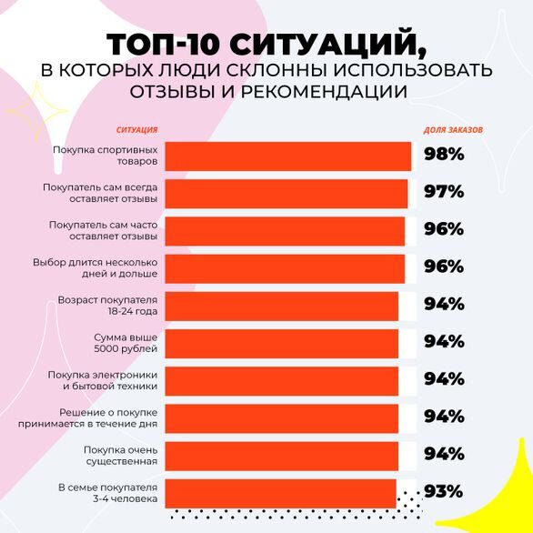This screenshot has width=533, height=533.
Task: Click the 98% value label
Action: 444,155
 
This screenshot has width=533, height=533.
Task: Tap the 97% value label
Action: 444,192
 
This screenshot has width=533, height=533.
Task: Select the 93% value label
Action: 444,492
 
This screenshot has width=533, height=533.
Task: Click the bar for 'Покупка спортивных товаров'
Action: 288,156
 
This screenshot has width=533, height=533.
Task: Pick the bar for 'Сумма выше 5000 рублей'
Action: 282,343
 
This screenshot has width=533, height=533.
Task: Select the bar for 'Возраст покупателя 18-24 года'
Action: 282,306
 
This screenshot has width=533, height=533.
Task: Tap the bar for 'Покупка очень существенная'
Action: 282,456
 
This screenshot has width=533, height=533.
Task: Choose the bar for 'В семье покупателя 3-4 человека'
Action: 281,493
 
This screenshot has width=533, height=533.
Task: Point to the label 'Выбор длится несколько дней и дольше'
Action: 96,267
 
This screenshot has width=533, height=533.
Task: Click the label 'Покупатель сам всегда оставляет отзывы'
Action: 100,193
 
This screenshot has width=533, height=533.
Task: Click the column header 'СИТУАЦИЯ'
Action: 136,130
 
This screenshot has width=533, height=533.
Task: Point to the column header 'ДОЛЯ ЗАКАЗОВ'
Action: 454,130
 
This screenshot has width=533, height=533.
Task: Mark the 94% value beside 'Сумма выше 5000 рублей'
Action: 444,342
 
